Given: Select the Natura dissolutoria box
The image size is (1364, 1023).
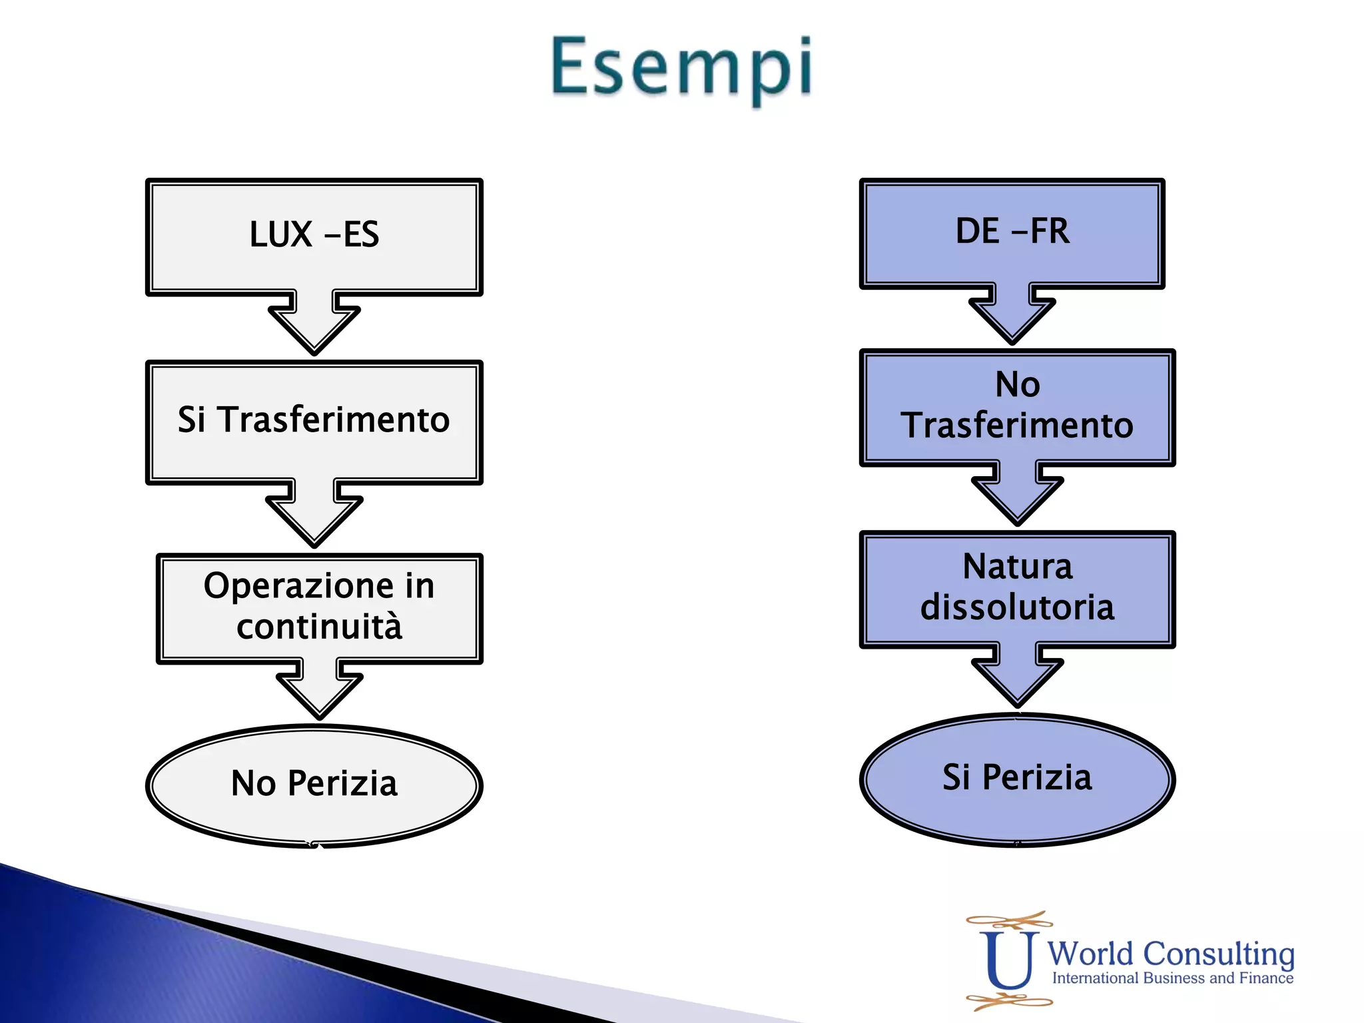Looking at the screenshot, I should point(1017,587).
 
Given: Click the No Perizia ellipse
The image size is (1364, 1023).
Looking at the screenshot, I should point(314,784).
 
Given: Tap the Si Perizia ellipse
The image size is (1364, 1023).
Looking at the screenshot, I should point(1017,778).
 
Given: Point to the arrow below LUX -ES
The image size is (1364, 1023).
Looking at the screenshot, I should point(314,323).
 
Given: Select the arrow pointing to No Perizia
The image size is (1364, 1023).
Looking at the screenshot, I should point(319,690).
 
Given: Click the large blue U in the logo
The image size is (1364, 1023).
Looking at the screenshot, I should point(1008,960).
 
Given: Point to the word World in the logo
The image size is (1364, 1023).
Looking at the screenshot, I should point(1090,954).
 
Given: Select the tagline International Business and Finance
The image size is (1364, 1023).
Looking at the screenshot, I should point(1172,978).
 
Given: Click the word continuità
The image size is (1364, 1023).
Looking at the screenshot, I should point(319,627).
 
